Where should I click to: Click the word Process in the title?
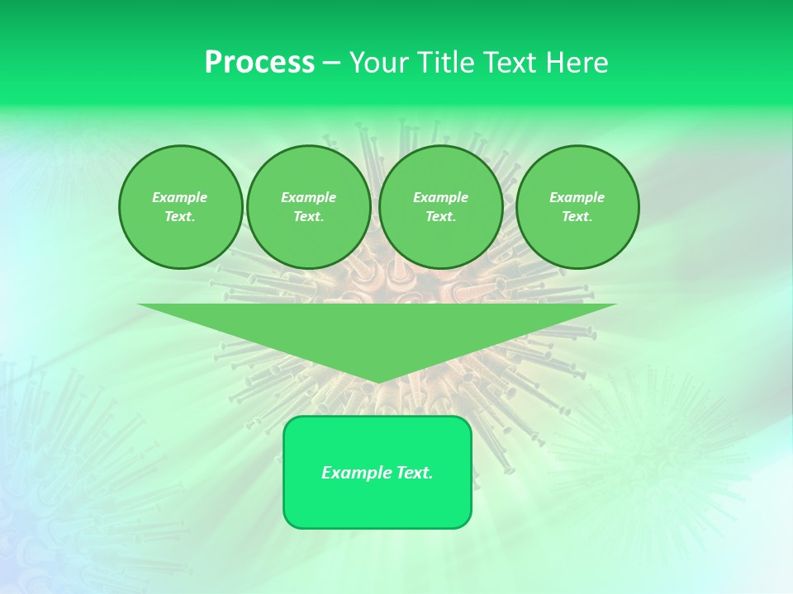point(259,63)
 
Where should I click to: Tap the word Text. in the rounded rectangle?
point(414,473)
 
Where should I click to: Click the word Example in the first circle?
point(180,197)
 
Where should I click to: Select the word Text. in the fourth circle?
point(577,216)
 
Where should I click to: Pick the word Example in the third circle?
point(440,197)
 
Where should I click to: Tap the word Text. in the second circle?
point(308,216)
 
